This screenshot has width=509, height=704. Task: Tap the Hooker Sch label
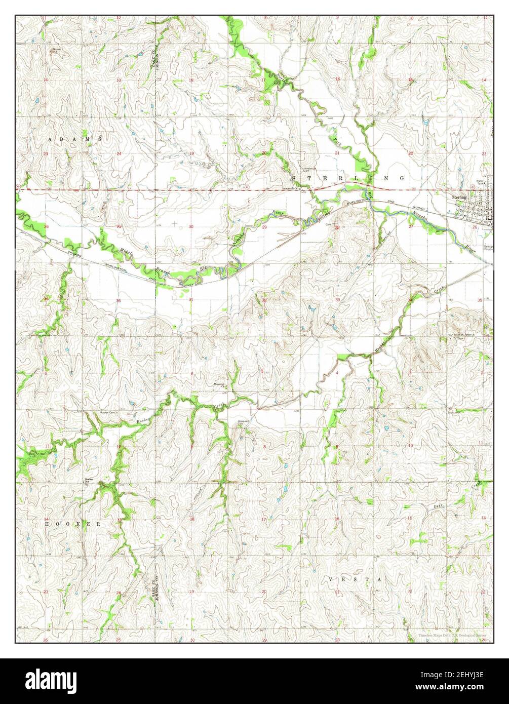[x=90, y=480]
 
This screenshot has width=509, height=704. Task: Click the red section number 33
[x=337, y=300]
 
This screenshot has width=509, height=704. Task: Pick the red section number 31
[x=191, y=300]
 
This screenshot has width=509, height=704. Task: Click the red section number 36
[x=119, y=301]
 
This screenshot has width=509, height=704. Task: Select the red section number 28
[x=337, y=227]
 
